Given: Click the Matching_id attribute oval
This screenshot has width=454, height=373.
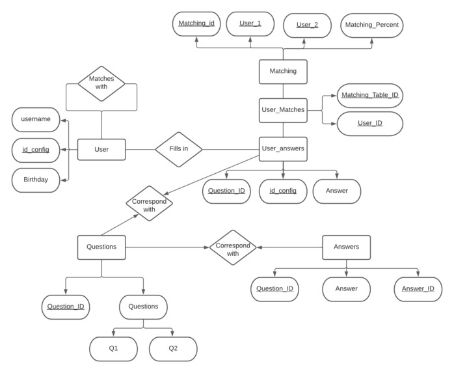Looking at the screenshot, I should click(x=196, y=24).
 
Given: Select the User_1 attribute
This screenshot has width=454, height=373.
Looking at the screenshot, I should click(x=250, y=23).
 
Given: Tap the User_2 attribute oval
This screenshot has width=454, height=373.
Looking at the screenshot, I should click(x=307, y=25).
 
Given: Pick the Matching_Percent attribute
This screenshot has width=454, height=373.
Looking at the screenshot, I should click(x=372, y=25).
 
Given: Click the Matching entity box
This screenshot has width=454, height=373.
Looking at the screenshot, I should click(x=283, y=72).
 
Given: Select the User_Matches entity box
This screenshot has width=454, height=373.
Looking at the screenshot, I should click(x=283, y=109).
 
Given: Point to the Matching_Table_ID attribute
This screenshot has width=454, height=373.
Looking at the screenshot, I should click(x=369, y=96).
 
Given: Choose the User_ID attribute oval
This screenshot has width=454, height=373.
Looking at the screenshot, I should click(x=369, y=123).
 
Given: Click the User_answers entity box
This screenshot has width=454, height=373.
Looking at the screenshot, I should click(x=283, y=148).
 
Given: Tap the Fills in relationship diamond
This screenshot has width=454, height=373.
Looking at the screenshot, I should click(x=178, y=150).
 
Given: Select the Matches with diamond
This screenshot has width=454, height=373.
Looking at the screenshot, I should click(x=101, y=83).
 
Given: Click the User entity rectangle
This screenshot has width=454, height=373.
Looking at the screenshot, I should click(x=101, y=150).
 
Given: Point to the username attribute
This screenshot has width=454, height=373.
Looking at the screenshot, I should click(x=36, y=120).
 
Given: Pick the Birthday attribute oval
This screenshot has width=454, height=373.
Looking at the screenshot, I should click(x=36, y=180).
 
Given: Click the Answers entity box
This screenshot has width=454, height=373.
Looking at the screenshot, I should click(x=346, y=247).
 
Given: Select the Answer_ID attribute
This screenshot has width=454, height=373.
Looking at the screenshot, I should click(x=418, y=289).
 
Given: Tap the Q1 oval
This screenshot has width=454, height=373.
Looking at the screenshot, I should click(x=114, y=349).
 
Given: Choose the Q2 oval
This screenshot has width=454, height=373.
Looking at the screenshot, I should click(x=173, y=349).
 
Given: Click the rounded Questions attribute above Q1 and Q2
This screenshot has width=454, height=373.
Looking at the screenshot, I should click(x=143, y=307).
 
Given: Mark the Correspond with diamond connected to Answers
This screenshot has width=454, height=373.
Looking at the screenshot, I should click(x=233, y=247).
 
